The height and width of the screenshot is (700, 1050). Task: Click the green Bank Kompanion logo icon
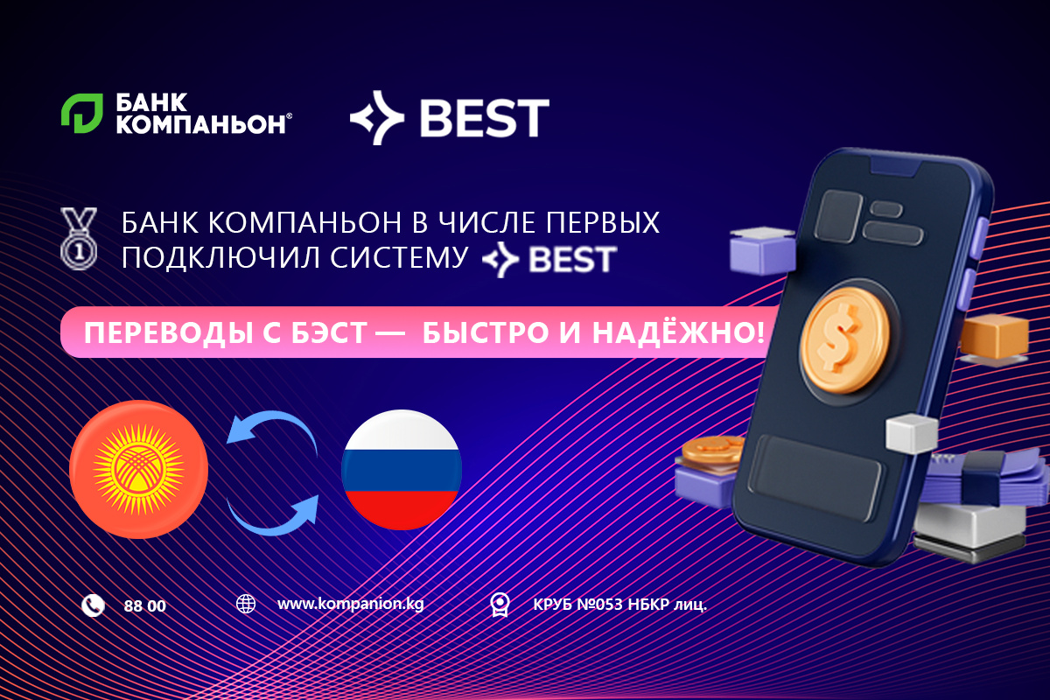click(x=82, y=113)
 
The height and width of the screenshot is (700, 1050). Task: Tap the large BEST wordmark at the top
click(x=485, y=117)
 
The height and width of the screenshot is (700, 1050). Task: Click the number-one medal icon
click(x=79, y=238)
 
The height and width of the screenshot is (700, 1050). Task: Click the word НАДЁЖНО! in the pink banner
click(x=679, y=332)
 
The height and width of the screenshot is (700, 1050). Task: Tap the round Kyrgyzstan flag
click(x=139, y=469)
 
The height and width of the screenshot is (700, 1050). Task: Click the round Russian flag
click(x=402, y=469)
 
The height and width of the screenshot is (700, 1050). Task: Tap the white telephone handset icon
click(x=93, y=605)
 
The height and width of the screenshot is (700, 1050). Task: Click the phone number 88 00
click(x=145, y=606)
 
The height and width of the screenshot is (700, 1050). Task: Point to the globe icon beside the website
click(x=246, y=604)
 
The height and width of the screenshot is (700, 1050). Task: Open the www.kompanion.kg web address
click(x=350, y=604)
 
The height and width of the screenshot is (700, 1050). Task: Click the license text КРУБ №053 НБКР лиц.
click(x=619, y=605)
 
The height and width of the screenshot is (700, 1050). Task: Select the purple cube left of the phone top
click(x=763, y=250)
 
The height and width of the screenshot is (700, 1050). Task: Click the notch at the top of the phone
click(x=896, y=166)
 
